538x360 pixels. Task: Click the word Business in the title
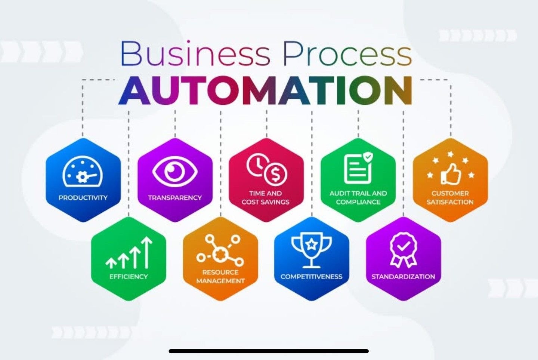click(x=195, y=53)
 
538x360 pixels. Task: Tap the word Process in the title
click(x=348, y=53)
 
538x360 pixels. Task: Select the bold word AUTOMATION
click(x=265, y=90)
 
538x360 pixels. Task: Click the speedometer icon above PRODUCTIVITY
click(x=83, y=171)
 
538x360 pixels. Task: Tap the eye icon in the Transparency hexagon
click(x=175, y=171)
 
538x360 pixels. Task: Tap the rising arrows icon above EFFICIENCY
click(x=129, y=252)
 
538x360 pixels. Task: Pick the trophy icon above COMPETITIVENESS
click(x=312, y=252)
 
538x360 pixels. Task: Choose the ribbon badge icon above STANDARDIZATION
click(x=403, y=250)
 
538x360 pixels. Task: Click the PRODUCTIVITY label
click(x=83, y=198)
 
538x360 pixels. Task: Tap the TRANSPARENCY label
click(x=175, y=198)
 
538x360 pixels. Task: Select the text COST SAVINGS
click(x=265, y=202)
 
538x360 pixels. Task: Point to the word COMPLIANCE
click(x=358, y=202)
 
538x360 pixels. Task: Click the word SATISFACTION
click(x=450, y=202)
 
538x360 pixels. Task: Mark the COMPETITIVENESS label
click(x=312, y=277)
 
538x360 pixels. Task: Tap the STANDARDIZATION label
click(x=403, y=277)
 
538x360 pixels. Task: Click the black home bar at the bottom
click(x=269, y=351)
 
